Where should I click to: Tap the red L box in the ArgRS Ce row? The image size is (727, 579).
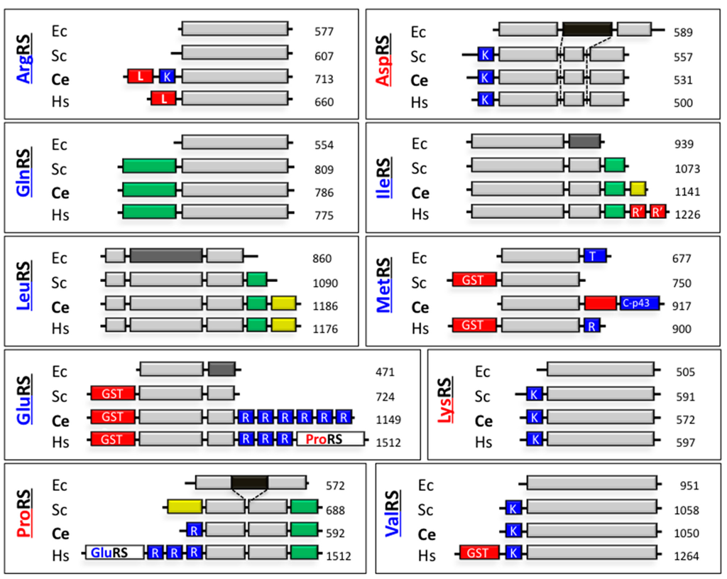coord(141,76)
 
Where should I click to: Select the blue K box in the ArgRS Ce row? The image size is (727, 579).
coord(167,76)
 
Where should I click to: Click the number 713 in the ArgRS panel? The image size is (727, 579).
coord(324,80)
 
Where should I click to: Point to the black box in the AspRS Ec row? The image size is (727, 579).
coord(587,29)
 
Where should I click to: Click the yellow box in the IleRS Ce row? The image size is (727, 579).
coord(638,189)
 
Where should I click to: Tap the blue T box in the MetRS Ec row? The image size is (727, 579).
coord(595,256)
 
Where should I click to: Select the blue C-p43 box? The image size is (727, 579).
coord(640,303)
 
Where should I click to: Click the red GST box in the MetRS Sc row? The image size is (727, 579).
coord(474,280)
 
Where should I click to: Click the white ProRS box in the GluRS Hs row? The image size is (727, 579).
coord(330,439)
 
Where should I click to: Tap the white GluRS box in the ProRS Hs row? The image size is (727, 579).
coord(114,553)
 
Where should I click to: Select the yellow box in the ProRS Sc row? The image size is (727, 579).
coord(185,507)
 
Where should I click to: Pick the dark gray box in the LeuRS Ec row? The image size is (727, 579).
coord(166,254)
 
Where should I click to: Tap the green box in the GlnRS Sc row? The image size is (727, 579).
coord(148,166)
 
